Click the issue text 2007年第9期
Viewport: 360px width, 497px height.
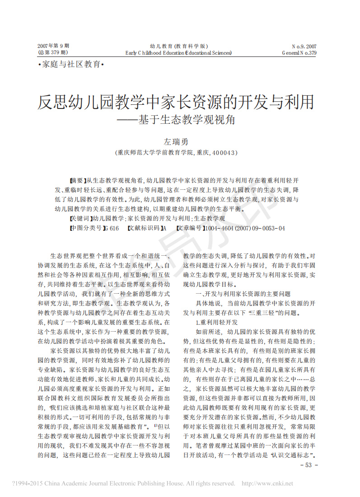(53, 46)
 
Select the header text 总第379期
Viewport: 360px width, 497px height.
(53, 53)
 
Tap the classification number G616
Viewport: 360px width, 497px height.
(111, 229)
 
